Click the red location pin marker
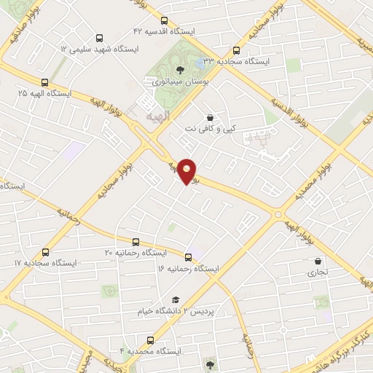(187, 170)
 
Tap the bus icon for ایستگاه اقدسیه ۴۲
(164, 21)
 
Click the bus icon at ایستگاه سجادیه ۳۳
(236, 51)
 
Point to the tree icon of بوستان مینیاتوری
(180, 71)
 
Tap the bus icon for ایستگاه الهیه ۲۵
(45, 83)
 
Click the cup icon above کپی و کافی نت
(210, 117)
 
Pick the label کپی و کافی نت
(210, 129)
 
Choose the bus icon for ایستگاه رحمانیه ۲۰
(136, 242)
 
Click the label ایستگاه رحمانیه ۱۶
(187, 269)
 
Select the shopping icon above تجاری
(317, 262)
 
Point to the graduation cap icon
(175, 299)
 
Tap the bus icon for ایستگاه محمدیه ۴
(151, 340)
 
